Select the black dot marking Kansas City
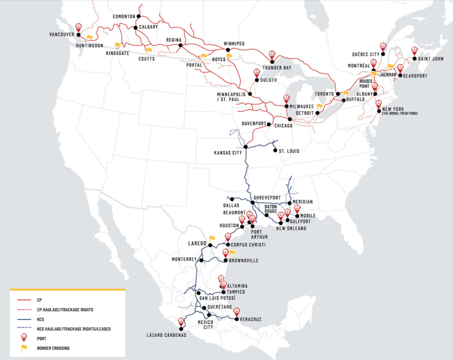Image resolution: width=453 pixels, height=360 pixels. click(246, 147)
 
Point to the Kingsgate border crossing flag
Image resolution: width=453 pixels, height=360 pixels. click(118, 45)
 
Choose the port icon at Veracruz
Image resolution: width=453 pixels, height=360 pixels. click(237, 311)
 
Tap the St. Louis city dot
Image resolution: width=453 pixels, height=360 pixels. click(275, 151)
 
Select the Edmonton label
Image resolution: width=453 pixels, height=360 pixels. click(124, 16)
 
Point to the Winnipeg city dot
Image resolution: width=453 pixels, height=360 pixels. click(228, 50)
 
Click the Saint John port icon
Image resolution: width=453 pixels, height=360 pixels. click(415, 51)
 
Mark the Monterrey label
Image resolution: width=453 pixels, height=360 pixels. click(184, 260)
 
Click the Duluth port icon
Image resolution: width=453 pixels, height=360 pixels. click(256, 73)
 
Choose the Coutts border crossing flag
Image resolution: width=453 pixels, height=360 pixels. click(149, 50)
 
